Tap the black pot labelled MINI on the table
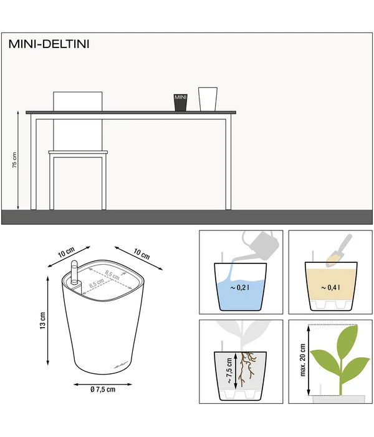180,102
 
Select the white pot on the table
208,99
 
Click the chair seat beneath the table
78,152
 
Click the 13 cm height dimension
42,322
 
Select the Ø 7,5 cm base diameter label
103,390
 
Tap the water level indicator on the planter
72,275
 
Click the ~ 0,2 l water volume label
241,288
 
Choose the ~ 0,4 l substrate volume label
330,288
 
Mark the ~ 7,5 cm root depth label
228,371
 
